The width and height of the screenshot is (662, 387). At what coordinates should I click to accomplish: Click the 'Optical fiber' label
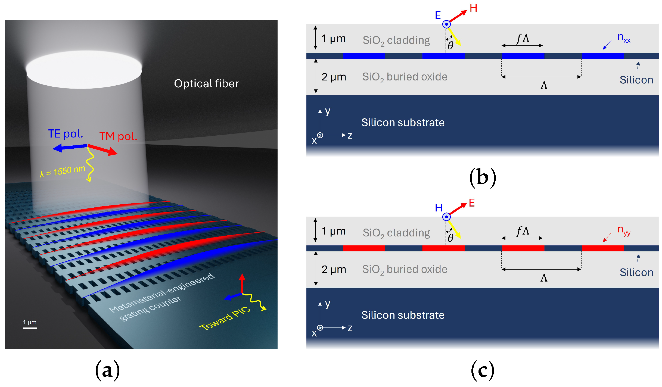coord(206,83)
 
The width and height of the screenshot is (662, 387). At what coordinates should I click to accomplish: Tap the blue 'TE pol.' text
coord(66,134)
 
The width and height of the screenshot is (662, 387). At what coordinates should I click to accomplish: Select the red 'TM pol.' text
coord(118,136)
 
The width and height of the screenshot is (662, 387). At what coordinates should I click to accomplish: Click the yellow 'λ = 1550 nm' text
coord(63,171)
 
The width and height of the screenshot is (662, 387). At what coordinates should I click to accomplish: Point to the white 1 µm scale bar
coord(30,328)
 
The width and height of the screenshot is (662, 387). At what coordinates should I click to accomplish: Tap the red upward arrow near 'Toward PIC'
coord(242,283)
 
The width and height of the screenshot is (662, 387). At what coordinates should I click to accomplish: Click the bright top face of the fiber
coord(84,69)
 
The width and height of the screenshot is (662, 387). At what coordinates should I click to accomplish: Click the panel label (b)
coord(483,178)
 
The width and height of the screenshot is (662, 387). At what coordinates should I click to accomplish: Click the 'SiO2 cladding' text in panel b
coord(396,40)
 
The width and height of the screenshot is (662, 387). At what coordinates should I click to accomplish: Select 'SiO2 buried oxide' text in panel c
coord(405,270)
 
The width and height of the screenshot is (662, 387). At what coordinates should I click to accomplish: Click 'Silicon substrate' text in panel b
coord(403,123)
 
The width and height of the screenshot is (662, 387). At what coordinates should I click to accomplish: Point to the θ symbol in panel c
coord(450,238)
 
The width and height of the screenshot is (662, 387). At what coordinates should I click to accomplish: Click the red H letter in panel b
coord(473,8)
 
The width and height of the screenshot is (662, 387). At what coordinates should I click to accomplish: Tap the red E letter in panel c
coord(472,203)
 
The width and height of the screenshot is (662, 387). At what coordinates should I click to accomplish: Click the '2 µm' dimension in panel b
coord(334,77)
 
